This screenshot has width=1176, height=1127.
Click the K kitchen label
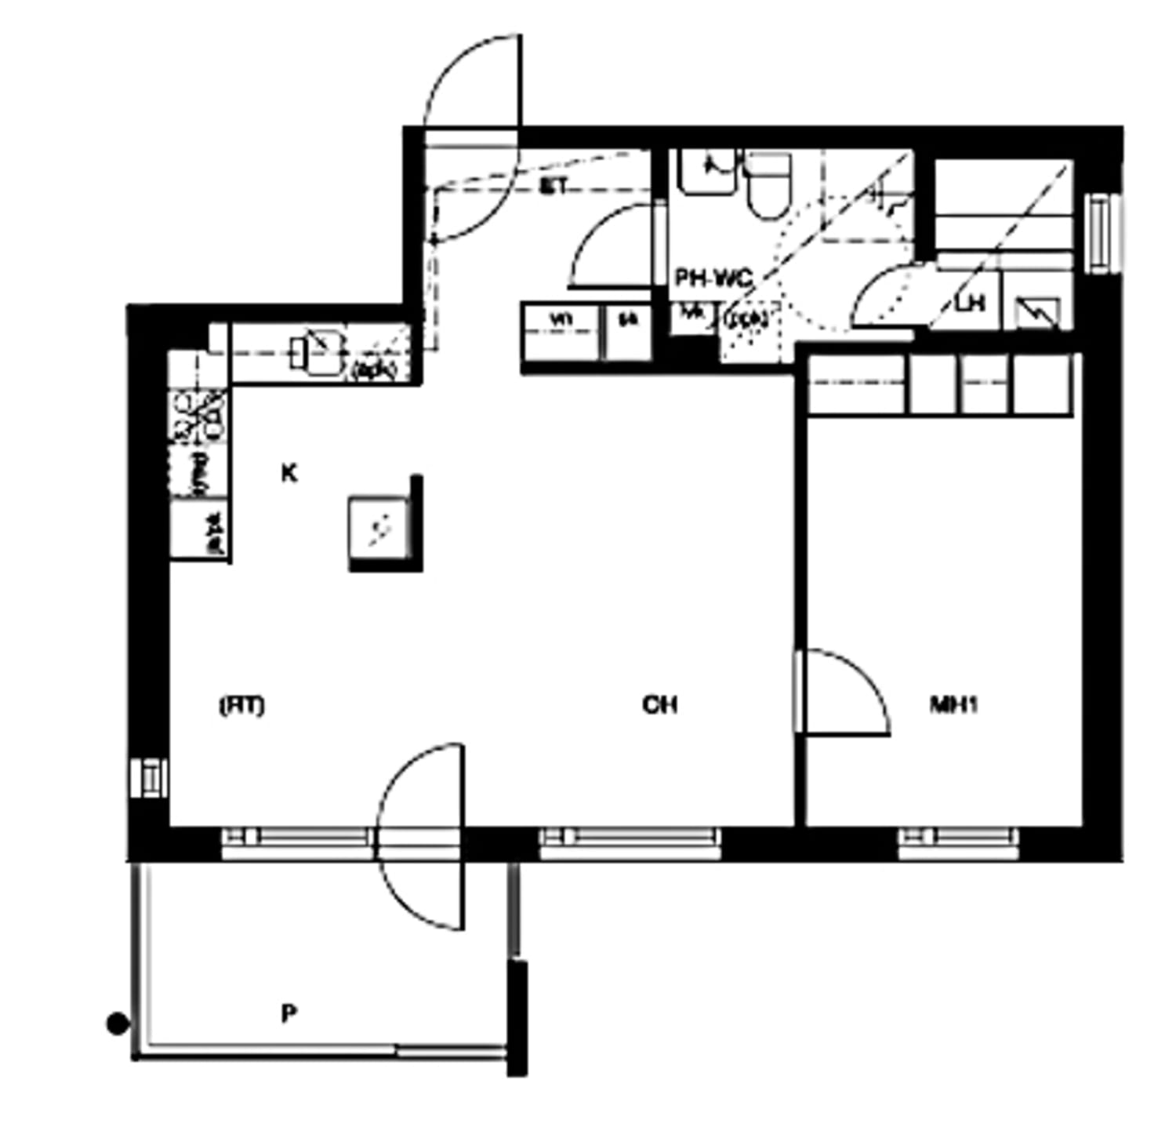click(x=289, y=474)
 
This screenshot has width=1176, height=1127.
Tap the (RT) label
click(x=241, y=706)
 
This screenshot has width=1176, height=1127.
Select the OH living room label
click(x=659, y=706)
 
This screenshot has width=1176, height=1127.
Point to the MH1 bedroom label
click(x=953, y=706)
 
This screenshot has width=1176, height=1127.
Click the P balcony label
click(x=289, y=1014)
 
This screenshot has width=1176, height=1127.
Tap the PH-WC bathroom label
click(x=713, y=278)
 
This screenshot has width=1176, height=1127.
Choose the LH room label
click(x=970, y=304)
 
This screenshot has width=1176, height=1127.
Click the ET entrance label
click(x=554, y=187)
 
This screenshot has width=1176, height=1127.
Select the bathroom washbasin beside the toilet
click(x=707, y=173)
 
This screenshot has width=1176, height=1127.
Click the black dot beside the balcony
click(x=118, y=1023)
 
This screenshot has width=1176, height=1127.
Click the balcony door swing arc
click(x=419, y=836)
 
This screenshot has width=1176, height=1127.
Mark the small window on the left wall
click(x=148, y=777)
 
